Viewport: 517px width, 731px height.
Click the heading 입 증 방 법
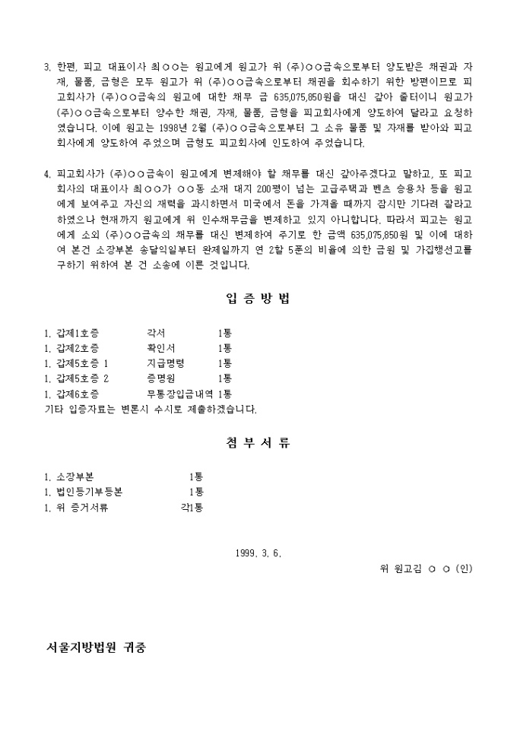click(x=258, y=299)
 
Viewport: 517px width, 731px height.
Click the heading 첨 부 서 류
click(x=258, y=443)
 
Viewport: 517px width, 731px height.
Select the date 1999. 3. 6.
click(x=258, y=552)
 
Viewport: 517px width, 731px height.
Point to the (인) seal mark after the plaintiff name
click(x=464, y=568)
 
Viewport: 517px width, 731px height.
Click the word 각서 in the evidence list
click(x=156, y=334)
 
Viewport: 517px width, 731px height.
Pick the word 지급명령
click(x=165, y=363)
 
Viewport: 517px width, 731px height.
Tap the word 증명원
click(x=160, y=378)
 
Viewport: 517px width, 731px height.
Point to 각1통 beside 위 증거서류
click(x=192, y=507)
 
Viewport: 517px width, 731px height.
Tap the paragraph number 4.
click(x=47, y=174)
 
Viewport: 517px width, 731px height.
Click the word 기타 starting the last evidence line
click(x=55, y=409)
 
